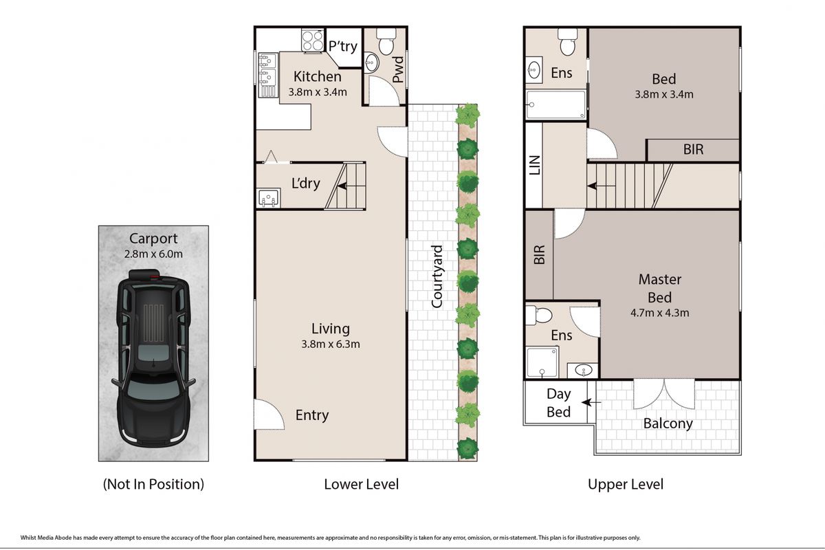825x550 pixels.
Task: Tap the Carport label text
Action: [x=153, y=239]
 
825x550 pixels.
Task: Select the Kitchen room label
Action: [x=317, y=76]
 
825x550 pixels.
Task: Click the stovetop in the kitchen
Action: [x=312, y=39]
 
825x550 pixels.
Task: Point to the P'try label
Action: [x=342, y=47]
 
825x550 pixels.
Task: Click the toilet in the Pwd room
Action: [x=385, y=44]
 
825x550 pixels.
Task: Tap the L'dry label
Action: [x=306, y=184]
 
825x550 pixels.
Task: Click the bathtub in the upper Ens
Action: [x=555, y=105]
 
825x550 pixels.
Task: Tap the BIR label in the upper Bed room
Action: [x=693, y=149]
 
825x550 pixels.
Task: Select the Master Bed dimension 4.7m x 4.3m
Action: [x=660, y=312]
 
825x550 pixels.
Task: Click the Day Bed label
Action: [x=558, y=403]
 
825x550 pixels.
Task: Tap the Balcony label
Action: [x=668, y=423]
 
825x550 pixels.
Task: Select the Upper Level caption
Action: [x=625, y=484]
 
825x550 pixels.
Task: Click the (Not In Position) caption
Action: [x=153, y=484]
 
